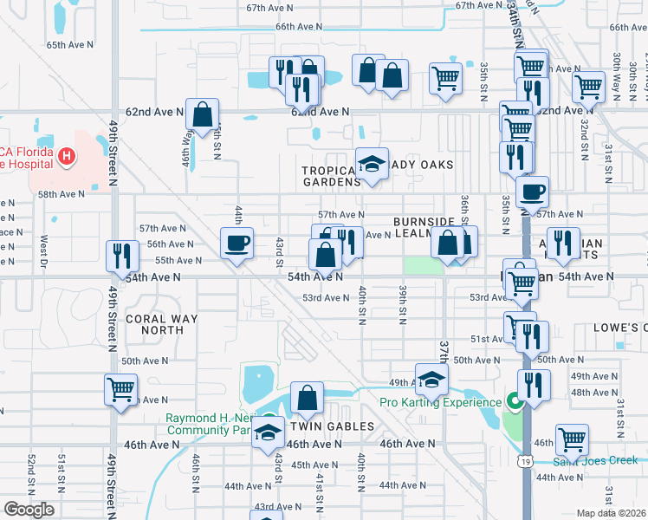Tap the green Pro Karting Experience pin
click(x=514, y=402)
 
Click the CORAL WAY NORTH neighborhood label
click(x=161, y=324)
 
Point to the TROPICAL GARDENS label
click(x=330, y=176)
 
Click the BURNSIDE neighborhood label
click(x=424, y=222)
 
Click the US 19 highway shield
click(x=526, y=488)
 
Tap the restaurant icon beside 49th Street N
click(x=121, y=256)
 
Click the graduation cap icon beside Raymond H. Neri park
click(x=269, y=432)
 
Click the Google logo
click(x=29, y=510)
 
